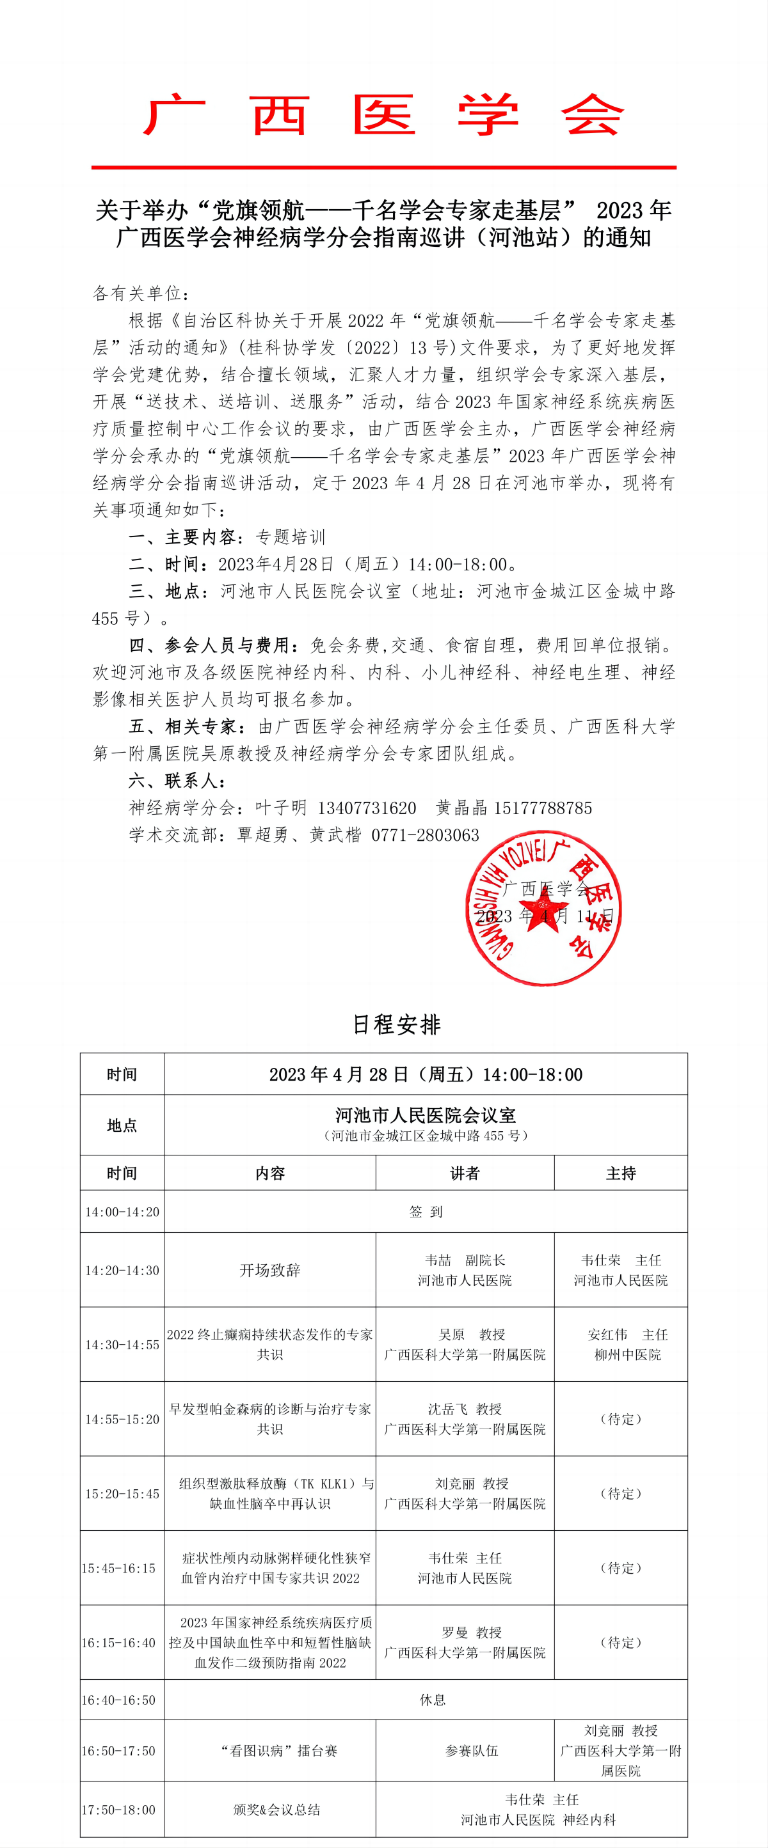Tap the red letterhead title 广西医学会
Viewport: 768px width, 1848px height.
(x=383, y=115)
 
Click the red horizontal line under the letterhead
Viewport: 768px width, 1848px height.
(x=383, y=167)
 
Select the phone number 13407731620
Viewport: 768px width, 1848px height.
(x=367, y=808)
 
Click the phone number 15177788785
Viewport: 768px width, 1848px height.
(x=543, y=808)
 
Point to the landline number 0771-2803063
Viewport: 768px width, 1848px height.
(x=425, y=835)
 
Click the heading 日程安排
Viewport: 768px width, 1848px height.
(x=396, y=1024)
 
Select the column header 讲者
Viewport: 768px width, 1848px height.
(x=465, y=1173)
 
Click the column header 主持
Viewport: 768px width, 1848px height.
(x=620, y=1173)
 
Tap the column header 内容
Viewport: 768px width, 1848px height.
(x=270, y=1173)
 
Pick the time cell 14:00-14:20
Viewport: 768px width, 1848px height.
(x=122, y=1212)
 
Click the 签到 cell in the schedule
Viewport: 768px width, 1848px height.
(x=426, y=1212)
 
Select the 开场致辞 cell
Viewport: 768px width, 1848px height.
(x=270, y=1270)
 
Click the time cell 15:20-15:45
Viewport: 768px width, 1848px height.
(x=122, y=1494)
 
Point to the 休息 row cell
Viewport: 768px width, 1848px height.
(x=432, y=1700)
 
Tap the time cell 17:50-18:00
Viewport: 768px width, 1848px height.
(x=118, y=1810)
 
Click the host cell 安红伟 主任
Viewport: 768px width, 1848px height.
(x=627, y=1344)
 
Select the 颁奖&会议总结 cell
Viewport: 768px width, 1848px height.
(x=276, y=1810)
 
